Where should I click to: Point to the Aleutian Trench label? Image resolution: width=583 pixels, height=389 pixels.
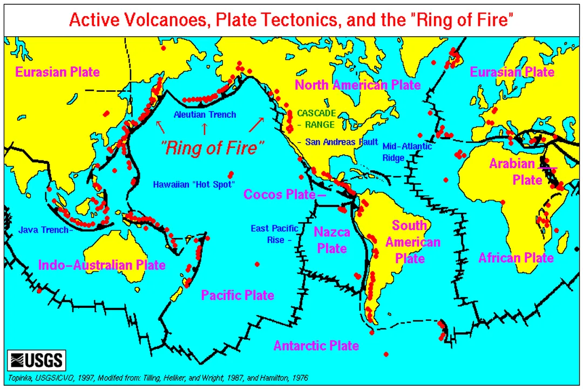tap(205, 115)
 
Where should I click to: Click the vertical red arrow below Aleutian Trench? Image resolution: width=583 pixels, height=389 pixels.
tap(204, 129)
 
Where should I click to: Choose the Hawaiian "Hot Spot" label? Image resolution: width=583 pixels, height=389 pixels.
tap(194, 184)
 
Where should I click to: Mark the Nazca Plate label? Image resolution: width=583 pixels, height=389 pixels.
tap(332, 240)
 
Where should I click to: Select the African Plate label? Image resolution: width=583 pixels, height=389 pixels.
tap(516, 258)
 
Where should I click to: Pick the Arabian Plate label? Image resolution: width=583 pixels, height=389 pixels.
tap(515, 171)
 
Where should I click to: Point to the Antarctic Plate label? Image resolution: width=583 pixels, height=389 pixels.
tap(316, 345)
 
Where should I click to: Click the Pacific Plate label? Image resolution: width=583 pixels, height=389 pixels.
tap(238, 295)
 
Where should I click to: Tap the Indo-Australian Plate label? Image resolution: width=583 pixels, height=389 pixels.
tap(101, 265)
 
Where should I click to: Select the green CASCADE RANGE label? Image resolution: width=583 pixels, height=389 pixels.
tap(316, 118)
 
